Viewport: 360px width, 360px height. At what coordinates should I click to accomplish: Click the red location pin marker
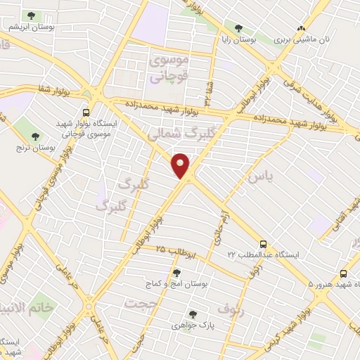tap(181, 165)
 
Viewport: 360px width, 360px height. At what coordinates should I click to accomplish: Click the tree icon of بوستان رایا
tap(238, 29)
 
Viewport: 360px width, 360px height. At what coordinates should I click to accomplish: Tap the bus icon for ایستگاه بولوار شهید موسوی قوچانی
tap(86, 112)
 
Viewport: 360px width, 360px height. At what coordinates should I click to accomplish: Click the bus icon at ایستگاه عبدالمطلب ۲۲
tap(263, 242)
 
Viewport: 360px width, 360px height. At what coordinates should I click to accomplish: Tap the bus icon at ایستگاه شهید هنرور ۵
tap(343, 274)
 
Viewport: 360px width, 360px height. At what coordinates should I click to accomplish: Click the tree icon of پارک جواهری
tap(192, 314)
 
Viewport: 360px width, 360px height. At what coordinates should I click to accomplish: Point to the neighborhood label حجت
tap(141, 303)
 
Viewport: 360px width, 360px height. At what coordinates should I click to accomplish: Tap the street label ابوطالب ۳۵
tap(181, 250)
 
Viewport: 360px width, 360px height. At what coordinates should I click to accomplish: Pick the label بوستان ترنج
tap(28, 148)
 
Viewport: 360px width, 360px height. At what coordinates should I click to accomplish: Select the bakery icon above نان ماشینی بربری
tap(302, 29)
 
